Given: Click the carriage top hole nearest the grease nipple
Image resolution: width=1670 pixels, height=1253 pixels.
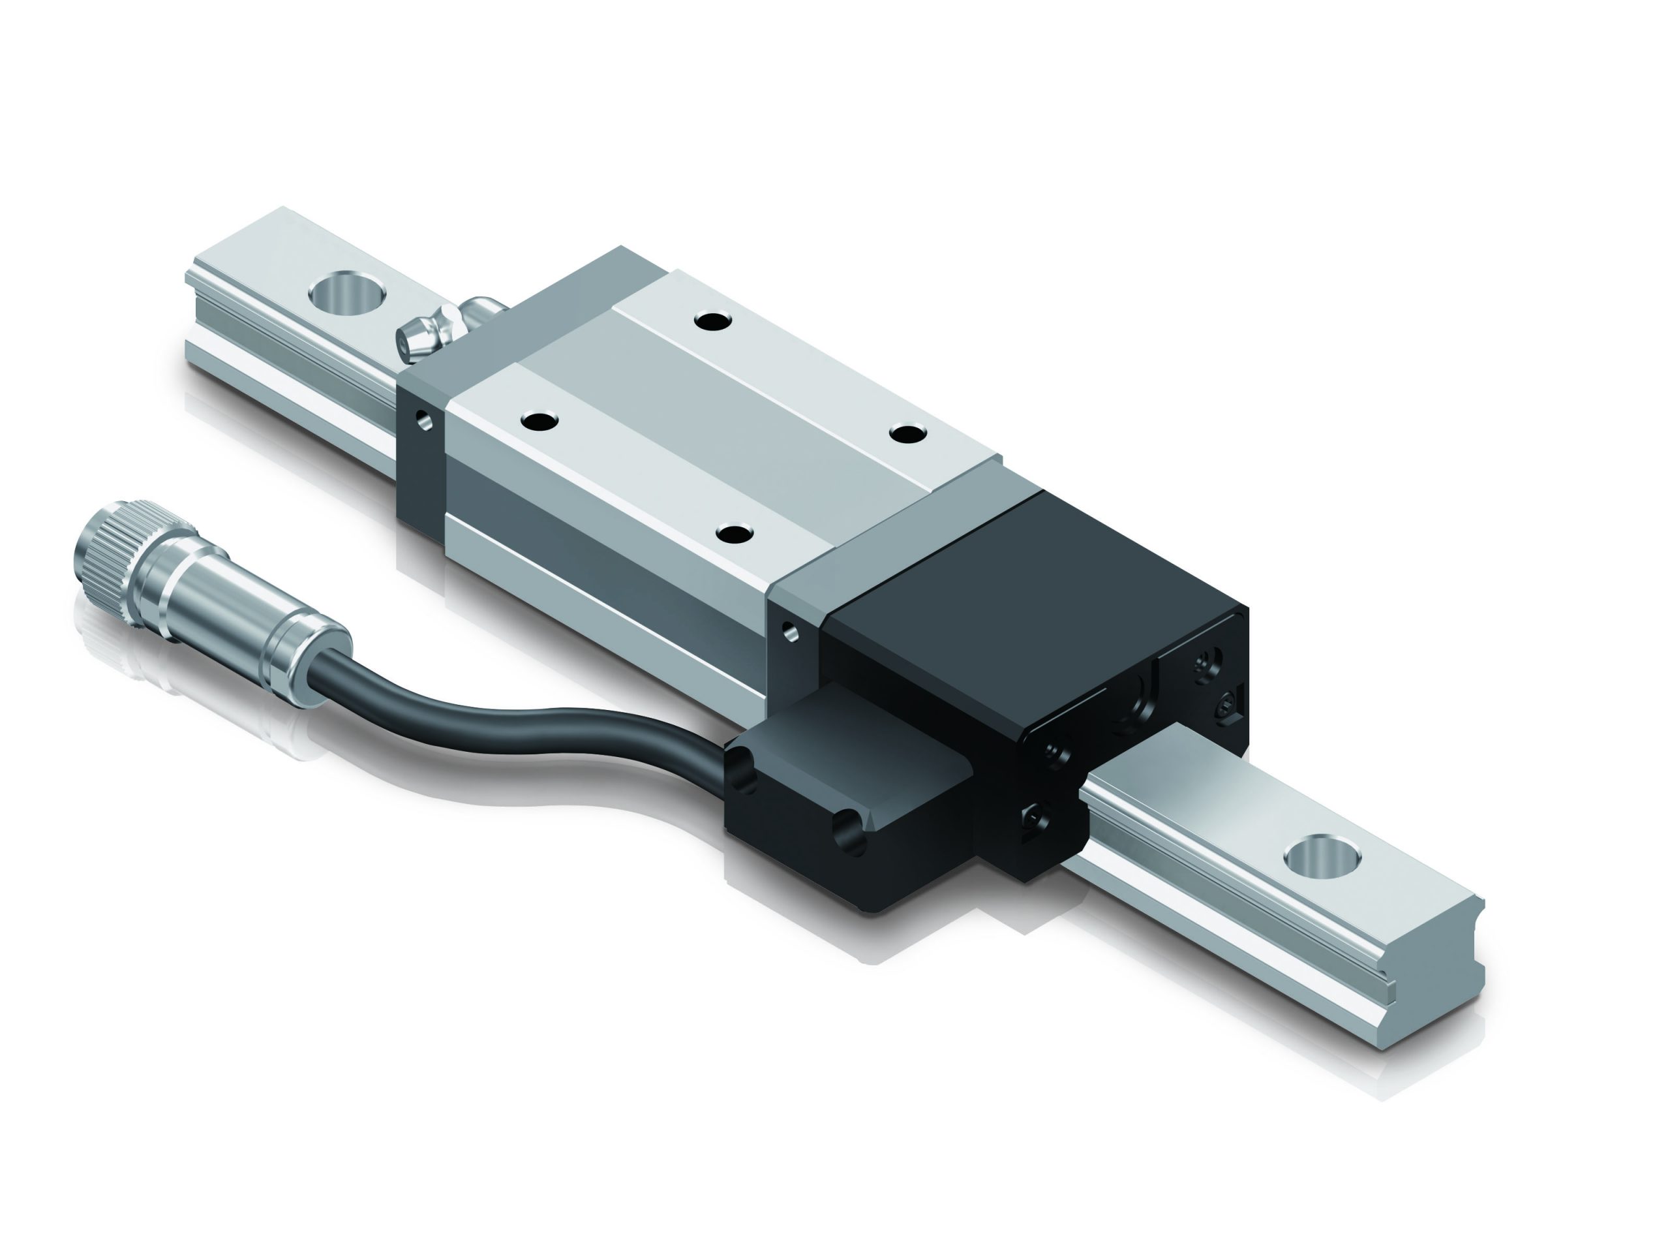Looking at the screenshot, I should pos(714,322).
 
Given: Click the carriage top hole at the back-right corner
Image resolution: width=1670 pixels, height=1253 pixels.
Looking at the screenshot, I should pos(907,433).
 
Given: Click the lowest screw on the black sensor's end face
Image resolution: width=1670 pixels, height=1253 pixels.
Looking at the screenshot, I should pos(1035,820).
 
